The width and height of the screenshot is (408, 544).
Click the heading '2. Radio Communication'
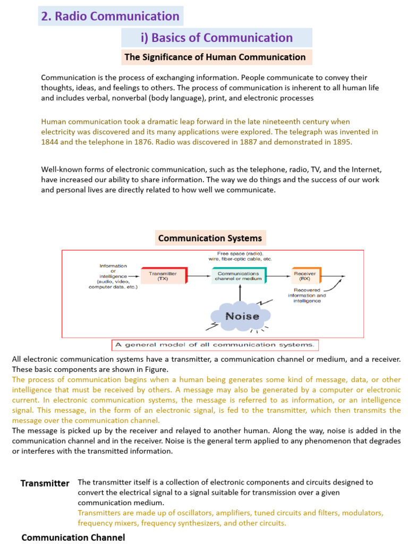click(x=110, y=16)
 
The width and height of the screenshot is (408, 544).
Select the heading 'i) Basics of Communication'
click(x=216, y=38)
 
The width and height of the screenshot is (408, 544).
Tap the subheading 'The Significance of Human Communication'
click(x=215, y=57)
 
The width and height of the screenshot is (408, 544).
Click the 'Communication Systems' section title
click(x=210, y=239)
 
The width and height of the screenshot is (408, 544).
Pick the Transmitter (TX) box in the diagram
click(x=163, y=276)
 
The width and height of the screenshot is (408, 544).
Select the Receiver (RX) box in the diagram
click(x=305, y=276)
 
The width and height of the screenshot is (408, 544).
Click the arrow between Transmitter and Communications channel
click(x=199, y=276)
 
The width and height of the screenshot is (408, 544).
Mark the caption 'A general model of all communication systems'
click(x=215, y=345)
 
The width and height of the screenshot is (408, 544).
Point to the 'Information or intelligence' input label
click(x=113, y=276)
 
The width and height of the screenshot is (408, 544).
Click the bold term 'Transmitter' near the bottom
click(x=45, y=483)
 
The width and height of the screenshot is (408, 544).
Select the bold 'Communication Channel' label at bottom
click(x=73, y=538)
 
